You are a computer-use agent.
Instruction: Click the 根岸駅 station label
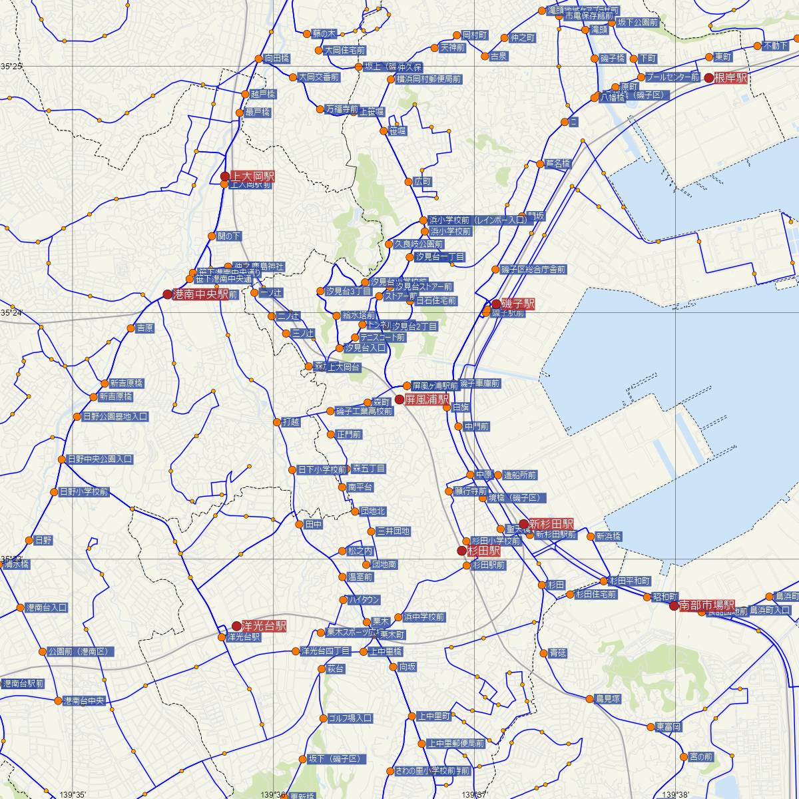click(731, 78)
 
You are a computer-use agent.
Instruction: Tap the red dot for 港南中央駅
click(168, 294)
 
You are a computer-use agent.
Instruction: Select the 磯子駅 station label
click(518, 304)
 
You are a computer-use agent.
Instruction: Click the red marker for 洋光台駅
click(236, 626)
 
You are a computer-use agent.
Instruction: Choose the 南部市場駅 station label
click(706, 606)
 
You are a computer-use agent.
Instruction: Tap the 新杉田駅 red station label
click(551, 524)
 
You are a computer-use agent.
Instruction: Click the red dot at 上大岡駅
click(225, 176)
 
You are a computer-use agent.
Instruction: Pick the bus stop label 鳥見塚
click(608, 698)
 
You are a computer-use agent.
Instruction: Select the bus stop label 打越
click(291, 421)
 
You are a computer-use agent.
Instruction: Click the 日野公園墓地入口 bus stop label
click(115, 417)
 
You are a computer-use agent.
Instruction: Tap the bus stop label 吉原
click(144, 328)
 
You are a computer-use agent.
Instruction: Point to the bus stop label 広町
click(423, 182)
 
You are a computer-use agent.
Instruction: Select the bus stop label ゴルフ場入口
click(350, 718)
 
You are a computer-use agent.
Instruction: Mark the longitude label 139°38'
click(675, 794)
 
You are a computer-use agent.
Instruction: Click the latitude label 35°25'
click(11, 67)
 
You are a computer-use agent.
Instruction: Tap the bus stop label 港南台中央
click(84, 701)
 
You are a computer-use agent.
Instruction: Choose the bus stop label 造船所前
click(520, 475)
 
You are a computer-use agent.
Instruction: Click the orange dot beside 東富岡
click(650, 726)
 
